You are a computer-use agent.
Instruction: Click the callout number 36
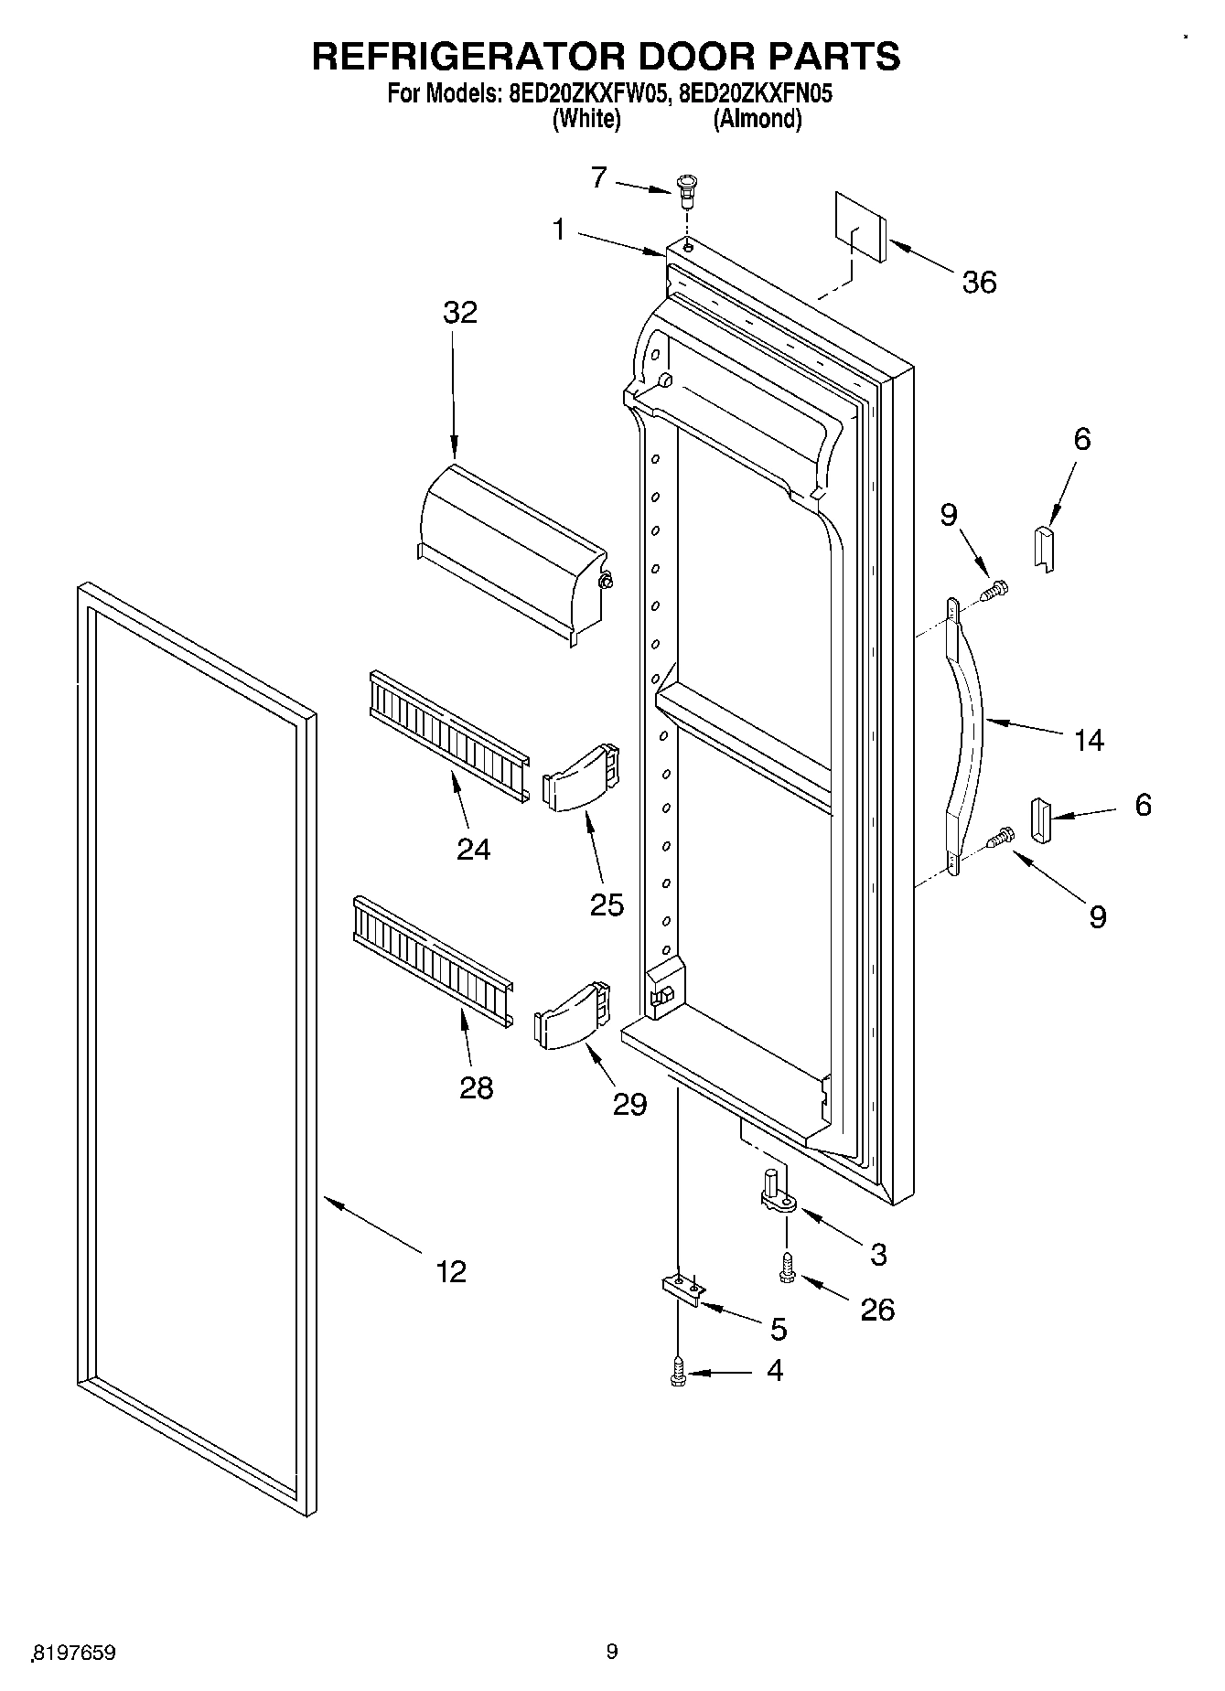click(978, 283)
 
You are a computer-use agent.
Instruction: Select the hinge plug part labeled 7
click(685, 189)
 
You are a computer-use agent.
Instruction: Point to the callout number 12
click(451, 1270)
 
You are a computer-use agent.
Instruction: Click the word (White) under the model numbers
click(586, 119)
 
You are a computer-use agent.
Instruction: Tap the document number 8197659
click(74, 1654)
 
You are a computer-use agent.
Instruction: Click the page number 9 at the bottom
click(611, 1652)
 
